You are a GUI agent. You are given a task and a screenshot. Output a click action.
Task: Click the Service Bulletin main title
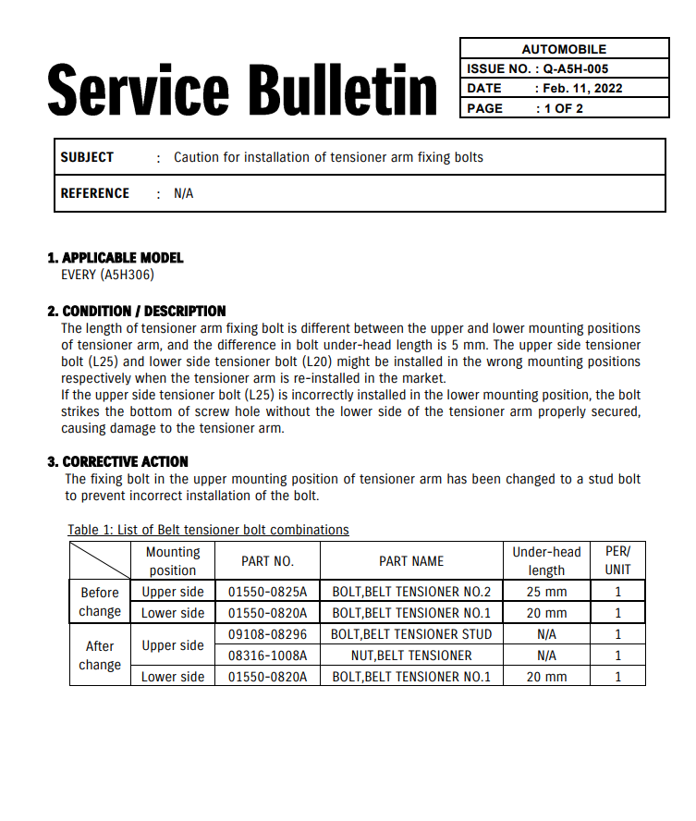click(242, 90)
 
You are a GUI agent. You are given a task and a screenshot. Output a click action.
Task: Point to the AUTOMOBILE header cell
click(564, 49)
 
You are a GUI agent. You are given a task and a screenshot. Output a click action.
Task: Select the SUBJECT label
click(87, 157)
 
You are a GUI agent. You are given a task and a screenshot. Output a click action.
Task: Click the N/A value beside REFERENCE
click(183, 193)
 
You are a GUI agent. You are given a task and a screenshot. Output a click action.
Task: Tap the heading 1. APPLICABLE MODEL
click(116, 258)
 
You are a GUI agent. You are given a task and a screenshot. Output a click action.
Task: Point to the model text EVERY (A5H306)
click(107, 275)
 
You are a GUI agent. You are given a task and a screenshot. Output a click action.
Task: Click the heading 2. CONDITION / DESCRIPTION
click(137, 312)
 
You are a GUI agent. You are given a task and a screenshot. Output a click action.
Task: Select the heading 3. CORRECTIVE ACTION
click(117, 461)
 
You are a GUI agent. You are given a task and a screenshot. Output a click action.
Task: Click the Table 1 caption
click(208, 530)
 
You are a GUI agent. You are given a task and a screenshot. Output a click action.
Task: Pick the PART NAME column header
click(411, 561)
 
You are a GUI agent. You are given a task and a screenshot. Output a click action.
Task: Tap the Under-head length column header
click(546, 561)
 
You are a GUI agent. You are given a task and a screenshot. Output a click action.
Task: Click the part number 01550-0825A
click(267, 592)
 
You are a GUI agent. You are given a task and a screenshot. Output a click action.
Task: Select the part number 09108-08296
click(267, 634)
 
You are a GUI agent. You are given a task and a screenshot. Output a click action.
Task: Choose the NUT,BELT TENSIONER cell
click(411, 656)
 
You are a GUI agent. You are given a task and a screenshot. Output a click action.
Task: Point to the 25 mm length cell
click(546, 592)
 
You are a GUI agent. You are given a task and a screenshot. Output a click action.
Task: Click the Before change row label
click(100, 602)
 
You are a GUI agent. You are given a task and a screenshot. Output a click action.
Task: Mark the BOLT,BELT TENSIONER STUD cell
click(411, 634)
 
